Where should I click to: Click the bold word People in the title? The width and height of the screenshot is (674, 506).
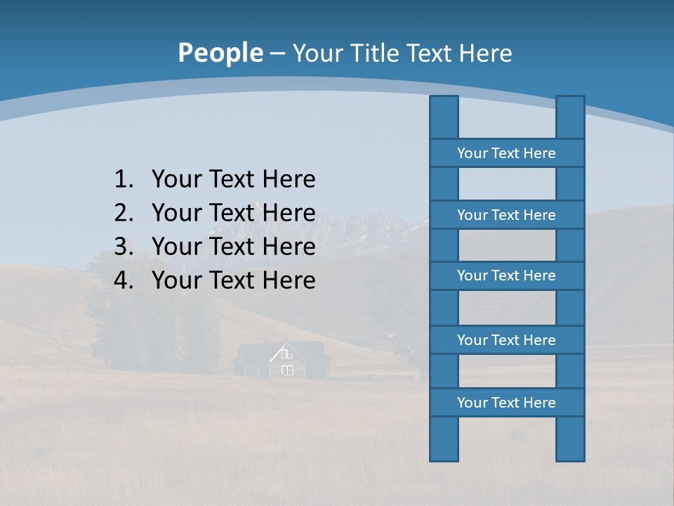pyautogui.click(x=220, y=53)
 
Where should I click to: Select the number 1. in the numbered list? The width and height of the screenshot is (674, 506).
pyautogui.click(x=124, y=179)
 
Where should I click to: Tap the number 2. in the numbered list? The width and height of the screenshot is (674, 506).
pyautogui.click(x=124, y=213)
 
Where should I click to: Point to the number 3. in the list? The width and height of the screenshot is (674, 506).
pyautogui.click(x=124, y=247)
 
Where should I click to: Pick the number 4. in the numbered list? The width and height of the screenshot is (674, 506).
pyautogui.click(x=124, y=280)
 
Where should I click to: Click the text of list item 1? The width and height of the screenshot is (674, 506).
pyautogui.click(x=233, y=179)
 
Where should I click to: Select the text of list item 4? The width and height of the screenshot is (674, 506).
pyautogui.click(x=233, y=280)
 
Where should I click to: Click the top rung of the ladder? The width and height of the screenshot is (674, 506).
pyautogui.click(x=506, y=153)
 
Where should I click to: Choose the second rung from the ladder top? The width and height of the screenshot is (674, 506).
pyautogui.click(x=506, y=215)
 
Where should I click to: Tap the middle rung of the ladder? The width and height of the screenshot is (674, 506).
pyautogui.click(x=506, y=275)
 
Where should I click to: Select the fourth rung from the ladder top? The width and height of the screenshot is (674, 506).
pyautogui.click(x=506, y=340)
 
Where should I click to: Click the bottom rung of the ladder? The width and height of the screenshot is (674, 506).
pyautogui.click(x=506, y=403)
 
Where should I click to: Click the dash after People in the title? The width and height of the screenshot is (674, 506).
pyautogui.click(x=277, y=53)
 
